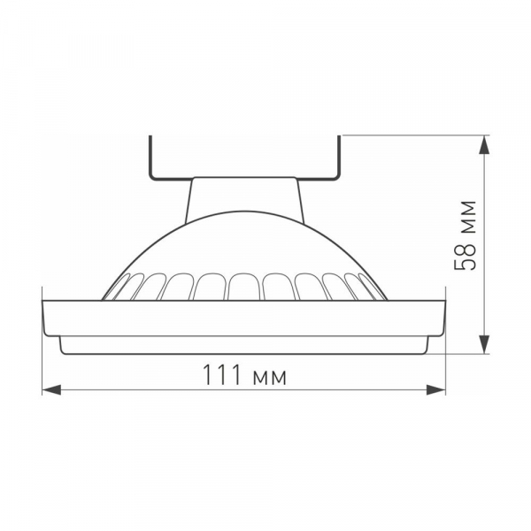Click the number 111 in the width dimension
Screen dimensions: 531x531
click(221, 374)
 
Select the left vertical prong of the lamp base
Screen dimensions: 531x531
click(151, 157)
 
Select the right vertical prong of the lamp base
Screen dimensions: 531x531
click(339, 157)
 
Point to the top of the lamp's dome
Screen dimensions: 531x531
click(245, 213)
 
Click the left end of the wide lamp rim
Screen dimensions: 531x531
click(46, 317)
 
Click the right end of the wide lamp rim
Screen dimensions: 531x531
click(442, 317)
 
